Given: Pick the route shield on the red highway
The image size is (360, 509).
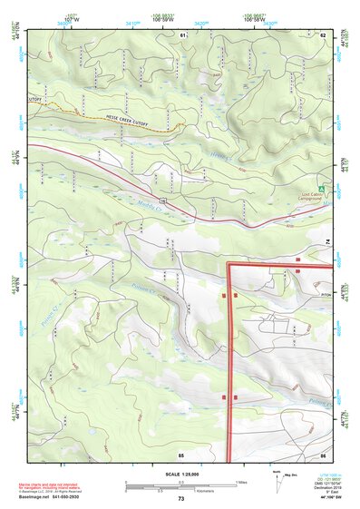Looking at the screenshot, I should click(161, 199).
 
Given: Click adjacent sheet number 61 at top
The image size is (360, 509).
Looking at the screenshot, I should click(182, 34).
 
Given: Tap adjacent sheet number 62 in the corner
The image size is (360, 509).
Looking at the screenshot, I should click(322, 34).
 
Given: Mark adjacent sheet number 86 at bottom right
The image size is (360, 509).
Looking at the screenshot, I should click(322, 454).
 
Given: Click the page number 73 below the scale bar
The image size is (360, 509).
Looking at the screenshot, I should click(180, 499).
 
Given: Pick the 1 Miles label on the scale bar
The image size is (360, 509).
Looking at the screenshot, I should click(240, 481).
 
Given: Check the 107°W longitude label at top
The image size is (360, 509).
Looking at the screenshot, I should click(73, 20).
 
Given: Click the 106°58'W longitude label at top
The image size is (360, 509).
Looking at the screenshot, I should click(254, 20).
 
